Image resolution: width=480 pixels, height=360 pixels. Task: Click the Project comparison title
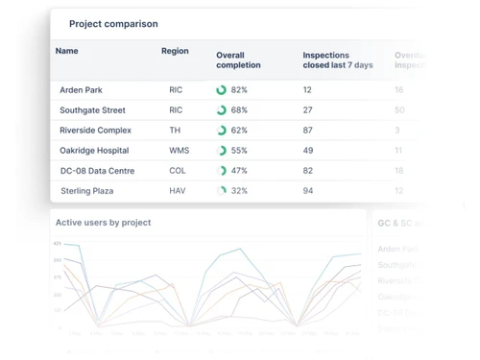point(113,24)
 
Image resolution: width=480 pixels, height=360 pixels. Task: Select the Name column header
point(67,51)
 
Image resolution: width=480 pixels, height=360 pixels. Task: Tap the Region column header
point(175,51)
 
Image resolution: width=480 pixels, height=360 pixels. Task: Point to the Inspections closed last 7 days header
point(337,60)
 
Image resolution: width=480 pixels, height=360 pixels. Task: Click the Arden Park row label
point(81,90)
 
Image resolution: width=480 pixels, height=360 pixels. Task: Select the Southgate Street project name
point(92,110)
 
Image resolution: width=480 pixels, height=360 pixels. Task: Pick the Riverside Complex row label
point(95,131)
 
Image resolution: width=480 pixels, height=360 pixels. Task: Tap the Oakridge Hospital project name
point(94,151)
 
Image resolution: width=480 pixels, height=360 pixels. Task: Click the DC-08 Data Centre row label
point(97,171)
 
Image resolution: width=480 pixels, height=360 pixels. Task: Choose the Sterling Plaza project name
point(86,191)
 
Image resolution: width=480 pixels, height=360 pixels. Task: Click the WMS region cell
point(179,151)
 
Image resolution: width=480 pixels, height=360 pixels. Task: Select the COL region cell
point(177,171)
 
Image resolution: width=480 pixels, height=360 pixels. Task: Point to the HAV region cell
point(177,191)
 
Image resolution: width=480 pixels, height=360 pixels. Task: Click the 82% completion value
point(239,90)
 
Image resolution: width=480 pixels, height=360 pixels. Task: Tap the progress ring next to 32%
point(222,191)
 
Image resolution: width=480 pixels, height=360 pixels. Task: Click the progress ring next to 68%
point(222,110)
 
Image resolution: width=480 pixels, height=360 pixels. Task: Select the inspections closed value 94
point(308,191)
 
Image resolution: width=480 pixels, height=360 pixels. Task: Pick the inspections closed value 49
point(308,151)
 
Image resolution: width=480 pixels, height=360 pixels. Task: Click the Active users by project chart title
point(103,223)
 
